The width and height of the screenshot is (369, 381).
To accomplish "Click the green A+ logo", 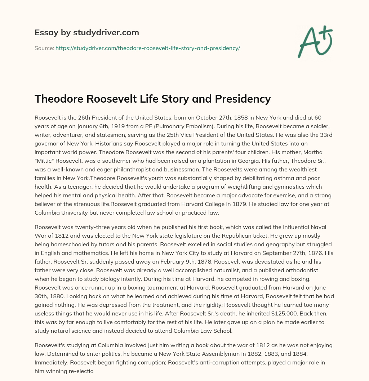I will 315,41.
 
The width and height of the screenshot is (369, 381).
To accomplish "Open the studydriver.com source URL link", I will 147,48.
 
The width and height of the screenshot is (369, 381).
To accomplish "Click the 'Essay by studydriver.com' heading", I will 87,33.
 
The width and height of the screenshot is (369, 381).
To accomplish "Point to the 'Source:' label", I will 44,48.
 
